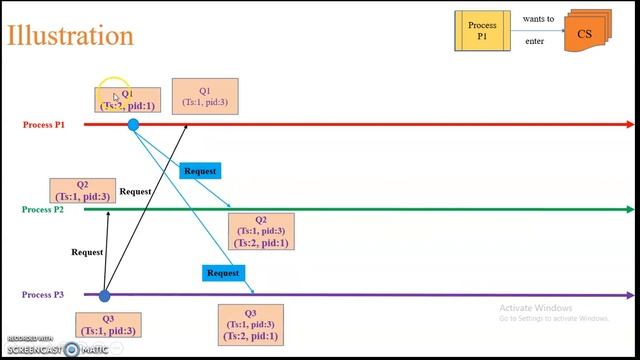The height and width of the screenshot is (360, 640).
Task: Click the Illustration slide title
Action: click(70, 36)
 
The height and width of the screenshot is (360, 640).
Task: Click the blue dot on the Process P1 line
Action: click(133, 125)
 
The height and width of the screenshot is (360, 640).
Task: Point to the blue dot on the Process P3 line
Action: click(104, 295)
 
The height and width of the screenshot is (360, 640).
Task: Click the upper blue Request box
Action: click(200, 171)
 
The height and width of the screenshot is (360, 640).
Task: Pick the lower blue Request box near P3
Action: click(223, 273)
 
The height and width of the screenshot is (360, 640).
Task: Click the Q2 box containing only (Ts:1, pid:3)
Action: click(82, 191)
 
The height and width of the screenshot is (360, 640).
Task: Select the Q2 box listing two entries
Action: click(261, 231)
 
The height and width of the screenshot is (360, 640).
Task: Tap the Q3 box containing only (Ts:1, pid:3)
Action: click(108, 325)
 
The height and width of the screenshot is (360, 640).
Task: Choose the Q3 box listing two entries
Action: click(250, 325)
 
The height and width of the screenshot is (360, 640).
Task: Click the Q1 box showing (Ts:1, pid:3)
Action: click(205, 96)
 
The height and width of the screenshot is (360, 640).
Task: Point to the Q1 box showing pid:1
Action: click(127, 100)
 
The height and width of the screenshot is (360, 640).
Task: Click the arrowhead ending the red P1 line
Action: click(629, 125)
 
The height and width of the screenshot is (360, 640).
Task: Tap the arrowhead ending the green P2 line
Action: click(629, 210)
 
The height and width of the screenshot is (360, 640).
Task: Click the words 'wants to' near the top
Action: click(538, 19)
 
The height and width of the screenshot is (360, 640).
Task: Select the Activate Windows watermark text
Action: click(535, 307)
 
